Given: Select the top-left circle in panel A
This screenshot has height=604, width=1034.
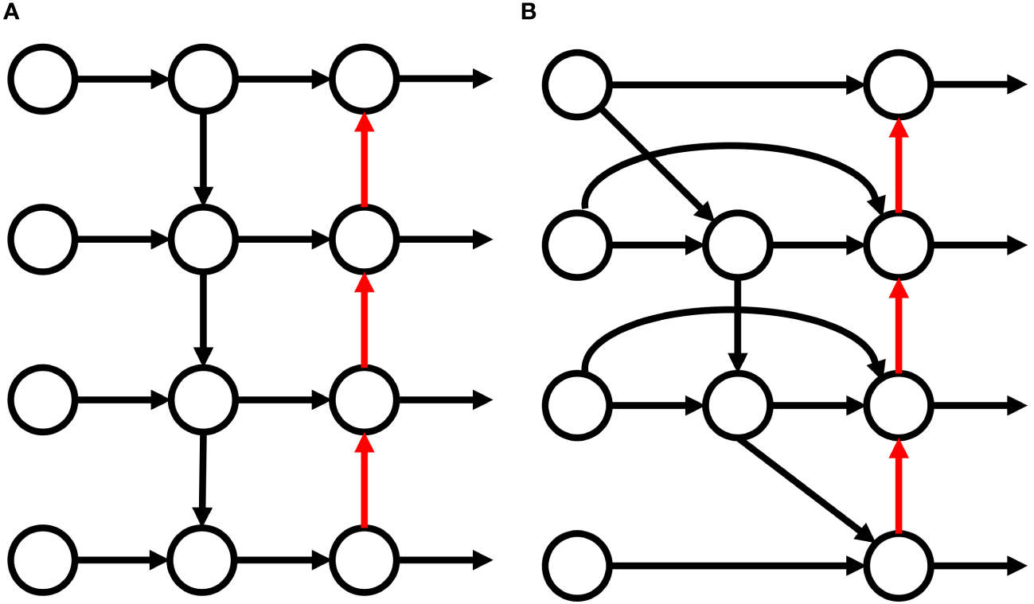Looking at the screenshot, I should (x=43, y=79).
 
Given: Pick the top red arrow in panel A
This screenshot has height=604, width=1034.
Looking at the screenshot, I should (x=364, y=159).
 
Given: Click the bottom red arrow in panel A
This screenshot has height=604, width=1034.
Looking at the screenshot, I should (x=364, y=482).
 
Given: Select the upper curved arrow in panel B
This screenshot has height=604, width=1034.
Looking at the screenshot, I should (x=732, y=146).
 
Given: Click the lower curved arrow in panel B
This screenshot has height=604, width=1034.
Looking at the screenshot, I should (x=732, y=305).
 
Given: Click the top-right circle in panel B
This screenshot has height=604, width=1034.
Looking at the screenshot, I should (x=899, y=83).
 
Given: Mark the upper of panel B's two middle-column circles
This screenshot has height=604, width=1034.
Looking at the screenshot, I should (x=737, y=244).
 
